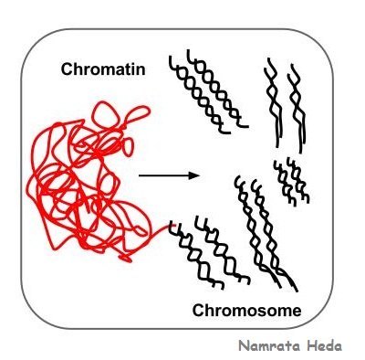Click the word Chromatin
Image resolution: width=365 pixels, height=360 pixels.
[103, 69]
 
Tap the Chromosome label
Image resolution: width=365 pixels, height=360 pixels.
[246, 311]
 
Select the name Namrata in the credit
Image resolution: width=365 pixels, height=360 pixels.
[269, 346]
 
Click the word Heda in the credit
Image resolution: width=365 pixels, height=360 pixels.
[324, 346]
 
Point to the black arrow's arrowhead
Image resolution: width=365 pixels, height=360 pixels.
[194, 175]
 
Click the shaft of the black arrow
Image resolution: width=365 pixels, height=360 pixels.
[163, 175]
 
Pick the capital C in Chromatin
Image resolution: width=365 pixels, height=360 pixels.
[67, 69]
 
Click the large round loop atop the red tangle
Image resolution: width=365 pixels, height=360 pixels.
[105, 113]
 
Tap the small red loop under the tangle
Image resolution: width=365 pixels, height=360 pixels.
[125, 259]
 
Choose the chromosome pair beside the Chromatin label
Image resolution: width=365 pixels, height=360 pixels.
[208, 91]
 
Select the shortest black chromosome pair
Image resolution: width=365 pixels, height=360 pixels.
[291, 182]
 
